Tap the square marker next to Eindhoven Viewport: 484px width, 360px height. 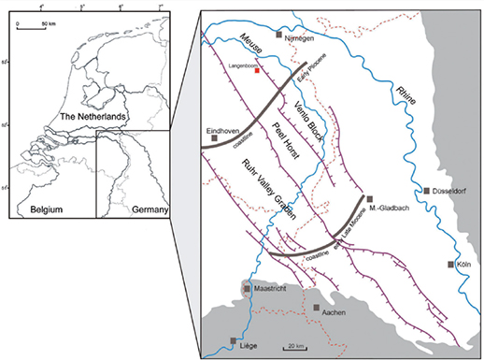[x=216, y=137]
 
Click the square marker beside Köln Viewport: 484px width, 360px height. [x=451, y=266]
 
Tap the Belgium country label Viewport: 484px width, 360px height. [x=49, y=203]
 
